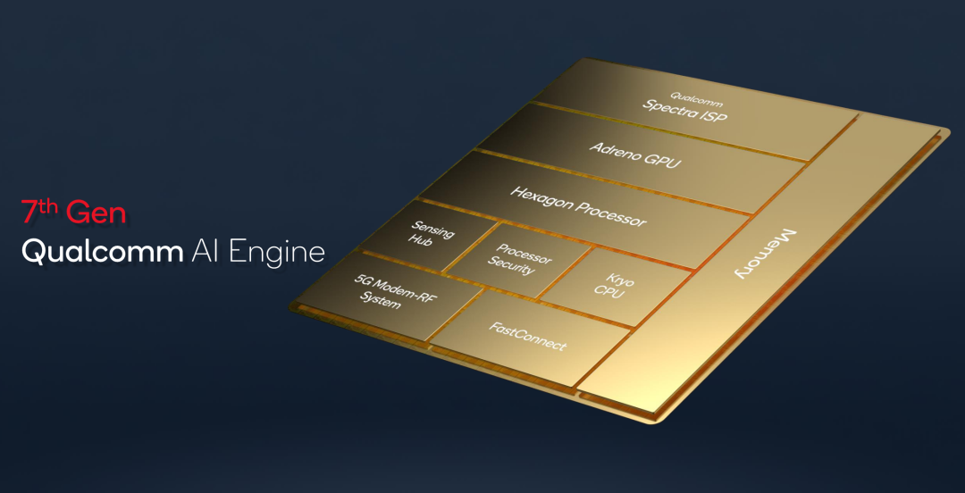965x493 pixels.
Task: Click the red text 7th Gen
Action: tap(73, 213)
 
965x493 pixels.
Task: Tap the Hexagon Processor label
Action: tap(578, 205)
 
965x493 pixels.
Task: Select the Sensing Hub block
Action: tap(430, 237)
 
